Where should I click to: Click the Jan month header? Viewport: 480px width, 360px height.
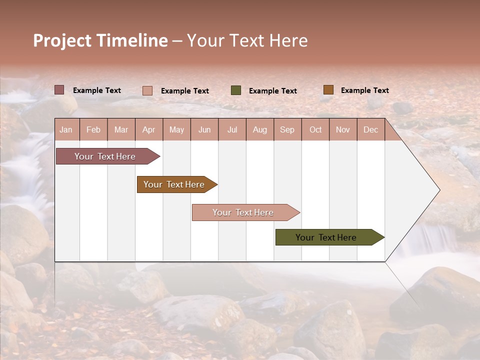[66, 129]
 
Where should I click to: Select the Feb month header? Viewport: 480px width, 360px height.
[93, 129]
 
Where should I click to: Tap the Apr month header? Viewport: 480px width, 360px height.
[148, 129]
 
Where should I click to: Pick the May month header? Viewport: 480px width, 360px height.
[176, 129]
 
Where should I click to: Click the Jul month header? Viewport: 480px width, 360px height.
[232, 129]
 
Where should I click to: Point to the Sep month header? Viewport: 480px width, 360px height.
[287, 129]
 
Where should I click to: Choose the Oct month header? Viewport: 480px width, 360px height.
[315, 129]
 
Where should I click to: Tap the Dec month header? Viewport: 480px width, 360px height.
[370, 129]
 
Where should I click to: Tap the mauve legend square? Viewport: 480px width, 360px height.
[59, 90]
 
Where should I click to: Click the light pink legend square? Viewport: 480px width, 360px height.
[147, 90]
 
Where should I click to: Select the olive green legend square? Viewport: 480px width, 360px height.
[236, 90]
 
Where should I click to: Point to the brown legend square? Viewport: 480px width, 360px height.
[328, 90]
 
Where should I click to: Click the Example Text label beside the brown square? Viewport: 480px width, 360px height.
[364, 90]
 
